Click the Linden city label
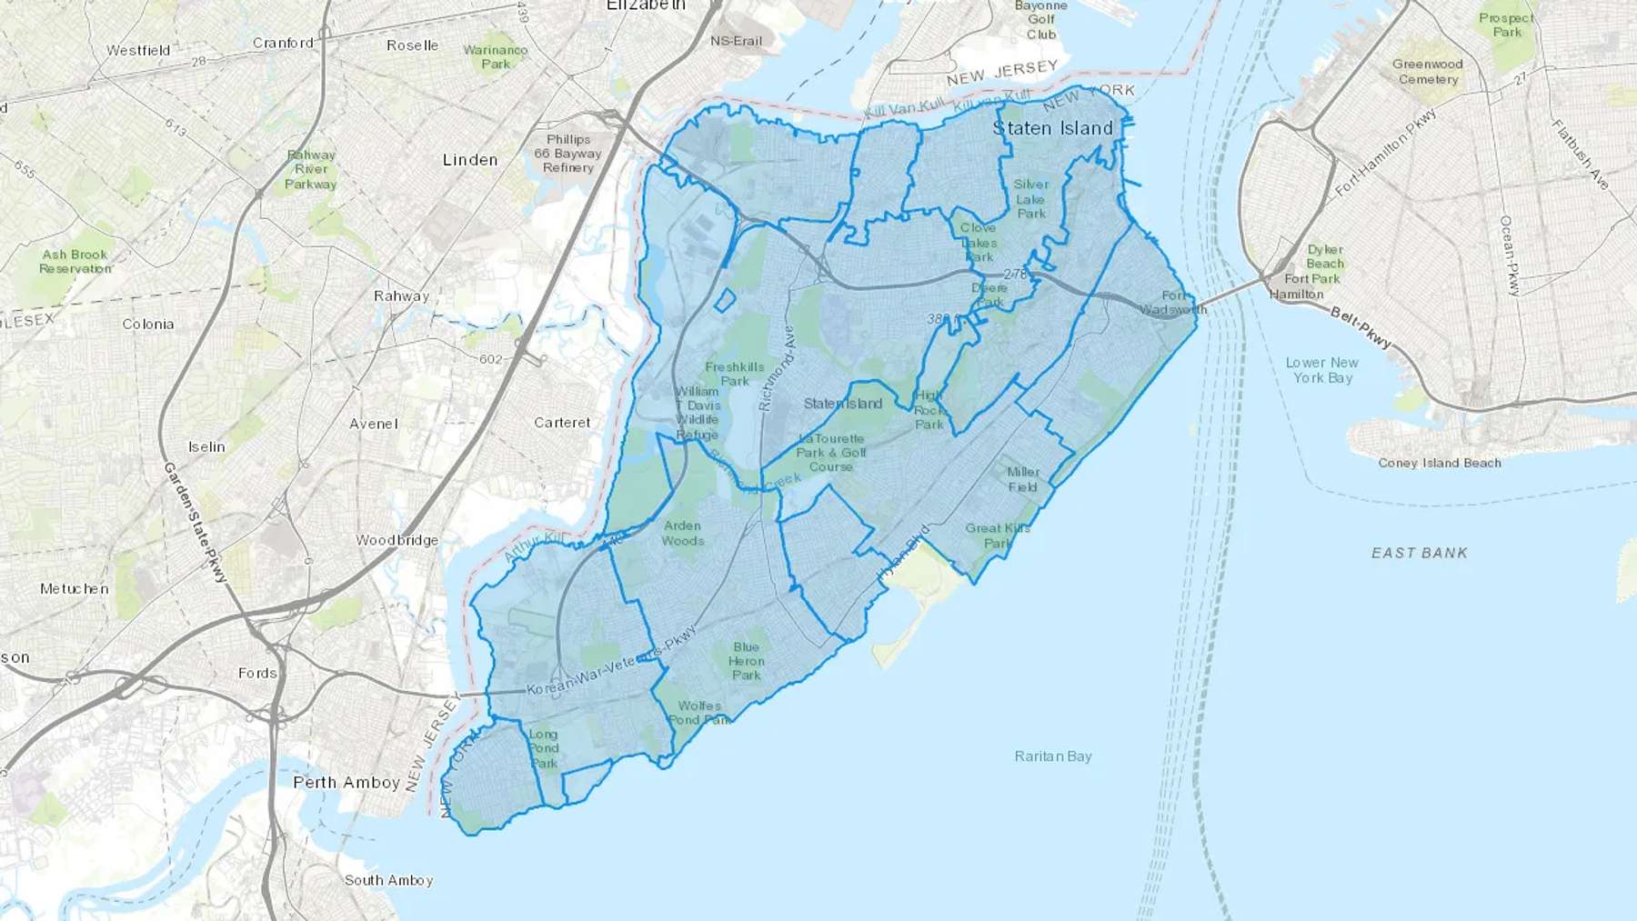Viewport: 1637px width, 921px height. (x=470, y=160)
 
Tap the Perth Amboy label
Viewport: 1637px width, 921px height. (x=346, y=782)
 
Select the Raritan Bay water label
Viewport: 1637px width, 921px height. (x=1053, y=756)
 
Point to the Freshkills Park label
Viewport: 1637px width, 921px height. (x=734, y=374)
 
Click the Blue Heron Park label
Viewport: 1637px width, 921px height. (x=746, y=661)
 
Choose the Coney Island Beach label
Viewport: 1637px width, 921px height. (x=1439, y=463)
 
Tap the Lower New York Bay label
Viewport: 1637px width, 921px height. (x=1322, y=370)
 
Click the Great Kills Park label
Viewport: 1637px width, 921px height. (x=998, y=536)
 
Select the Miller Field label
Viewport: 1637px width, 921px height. (x=1023, y=479)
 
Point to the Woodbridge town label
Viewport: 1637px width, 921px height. (x=397, y=540)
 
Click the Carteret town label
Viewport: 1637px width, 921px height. (x=562, y=423)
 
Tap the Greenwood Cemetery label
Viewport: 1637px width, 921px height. (x=1428, y=72)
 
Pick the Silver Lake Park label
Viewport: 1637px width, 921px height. (x=1031, y=198)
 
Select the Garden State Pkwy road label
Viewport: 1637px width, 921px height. (x=195, y=522)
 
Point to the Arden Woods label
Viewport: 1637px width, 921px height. (x=682, y=533)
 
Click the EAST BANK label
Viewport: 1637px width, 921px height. (x=1419, y=553)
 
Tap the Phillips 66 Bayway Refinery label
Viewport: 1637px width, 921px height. (x=568, y=154)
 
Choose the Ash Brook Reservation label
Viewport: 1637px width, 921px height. (x=75, y=261)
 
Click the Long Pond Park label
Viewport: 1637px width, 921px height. (x=543, y=748)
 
